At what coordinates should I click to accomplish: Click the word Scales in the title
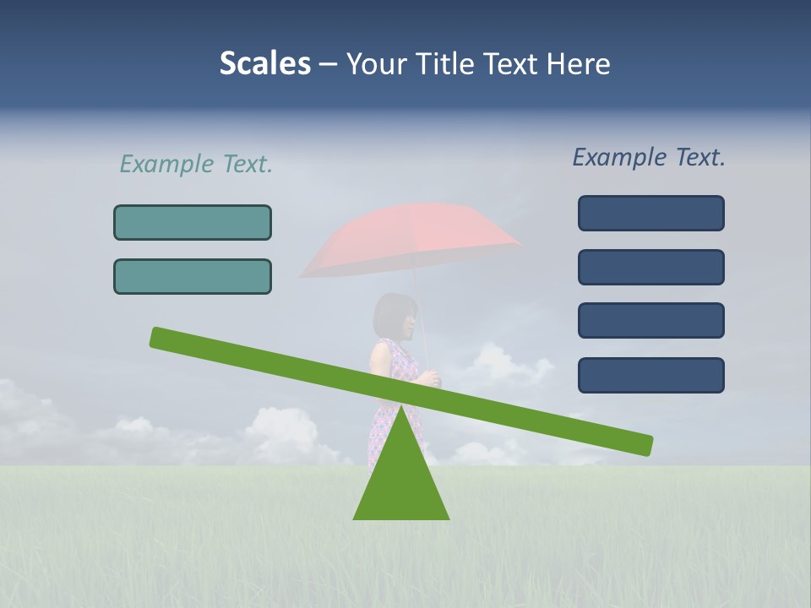click(x=264, y=63)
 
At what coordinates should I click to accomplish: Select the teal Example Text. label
click(x=196, y=164)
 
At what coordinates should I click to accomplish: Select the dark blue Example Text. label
click(x=649, y=157)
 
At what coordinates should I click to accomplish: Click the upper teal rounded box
click(x=193, y=222)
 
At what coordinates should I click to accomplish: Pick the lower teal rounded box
click(x=193, y=276)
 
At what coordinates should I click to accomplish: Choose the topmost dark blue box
click(x=650, y=213)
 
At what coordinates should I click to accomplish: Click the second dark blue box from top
click(x=650, y=267)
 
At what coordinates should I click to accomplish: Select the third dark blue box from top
click(x=650, y=320)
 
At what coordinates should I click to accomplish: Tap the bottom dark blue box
click(x=650, y=375)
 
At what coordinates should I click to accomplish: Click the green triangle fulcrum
click(x=401, y=481)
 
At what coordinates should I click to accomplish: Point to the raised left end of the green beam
click(x=161, y=338)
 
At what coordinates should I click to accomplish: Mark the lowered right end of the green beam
click(x=642, y=444)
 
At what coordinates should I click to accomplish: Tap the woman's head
click(x=395, y=314)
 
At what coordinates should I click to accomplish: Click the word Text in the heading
click(x=515, y=63)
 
